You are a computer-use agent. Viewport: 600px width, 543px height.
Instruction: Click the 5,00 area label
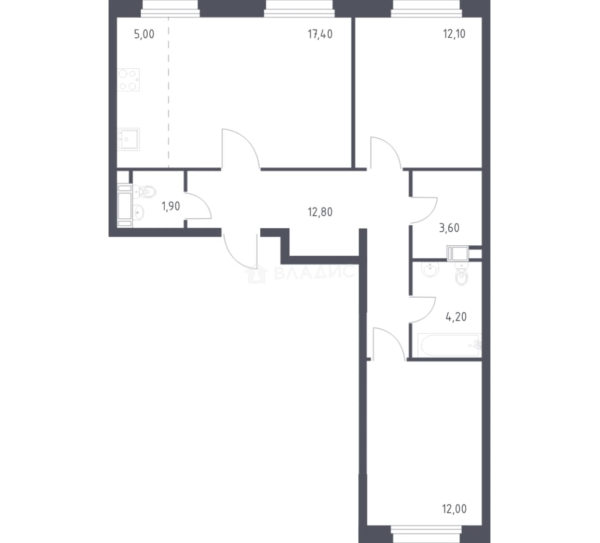(144, 34)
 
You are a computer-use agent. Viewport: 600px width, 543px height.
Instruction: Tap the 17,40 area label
(320, 34)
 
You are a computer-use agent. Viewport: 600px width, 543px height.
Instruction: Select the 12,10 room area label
(454, 34)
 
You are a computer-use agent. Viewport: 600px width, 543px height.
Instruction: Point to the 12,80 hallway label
(320, 212)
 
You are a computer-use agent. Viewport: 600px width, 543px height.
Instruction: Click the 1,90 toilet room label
(171, 207)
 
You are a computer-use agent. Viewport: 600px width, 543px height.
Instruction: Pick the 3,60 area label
(449, 228)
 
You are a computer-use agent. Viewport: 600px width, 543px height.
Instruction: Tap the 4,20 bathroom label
(456, 317)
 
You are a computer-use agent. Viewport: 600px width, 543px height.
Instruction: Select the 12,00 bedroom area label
(454, 509)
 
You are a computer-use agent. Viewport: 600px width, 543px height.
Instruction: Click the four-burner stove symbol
(128, 79)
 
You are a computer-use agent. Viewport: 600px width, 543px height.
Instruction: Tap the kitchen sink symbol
(128, 139)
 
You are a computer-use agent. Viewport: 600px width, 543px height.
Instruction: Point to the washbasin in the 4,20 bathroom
(430, 269)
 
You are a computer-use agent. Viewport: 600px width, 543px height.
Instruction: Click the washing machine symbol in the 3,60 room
(458, 253)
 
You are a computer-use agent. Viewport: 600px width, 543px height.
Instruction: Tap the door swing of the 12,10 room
(385, 152)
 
